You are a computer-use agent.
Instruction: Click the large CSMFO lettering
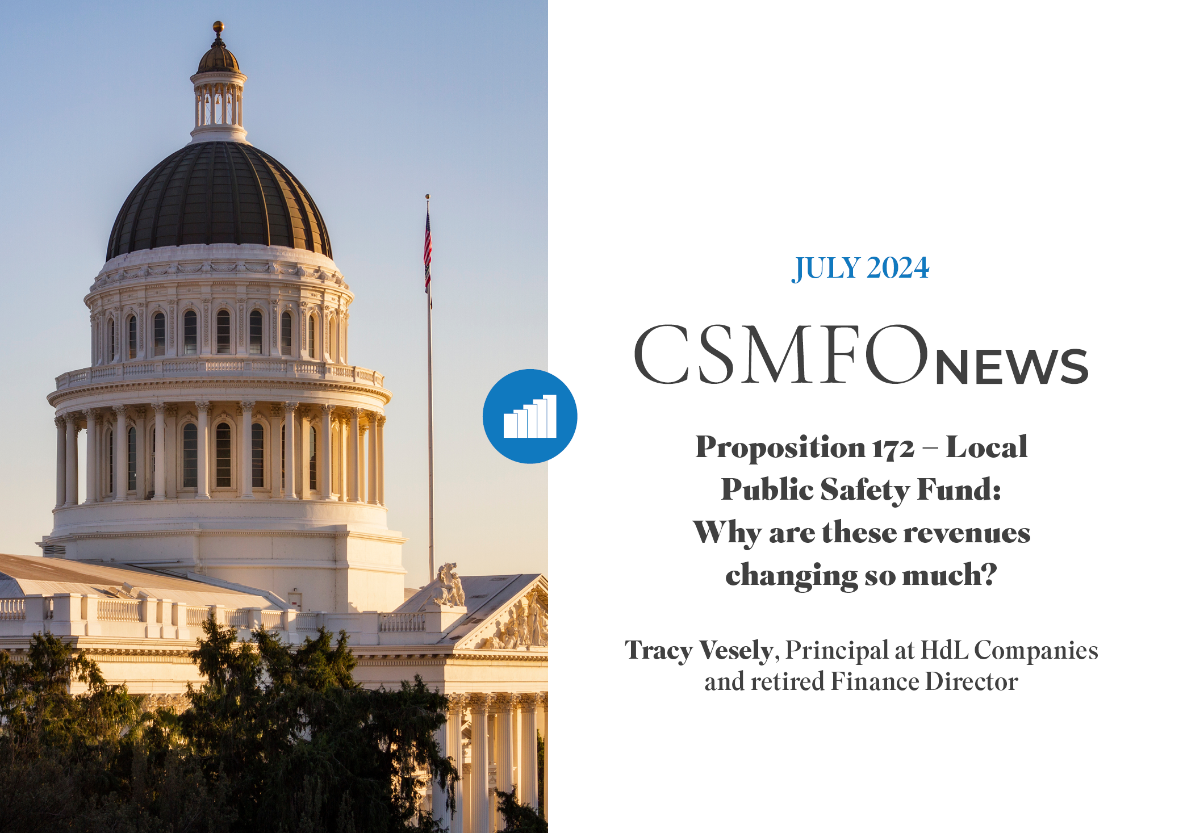coord(781,354)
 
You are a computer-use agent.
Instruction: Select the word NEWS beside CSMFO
coord(1011,367)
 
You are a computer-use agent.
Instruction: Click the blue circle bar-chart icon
coord(530,416)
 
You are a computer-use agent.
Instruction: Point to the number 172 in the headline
coord(893,449)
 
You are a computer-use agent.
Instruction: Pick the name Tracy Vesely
coord(699,651)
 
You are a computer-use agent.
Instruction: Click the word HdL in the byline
coord(944,650)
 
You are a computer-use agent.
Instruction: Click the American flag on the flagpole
coord(428,250)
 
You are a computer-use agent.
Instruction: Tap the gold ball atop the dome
coord(218,26)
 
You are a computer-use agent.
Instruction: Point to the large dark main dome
coord(219,199)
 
